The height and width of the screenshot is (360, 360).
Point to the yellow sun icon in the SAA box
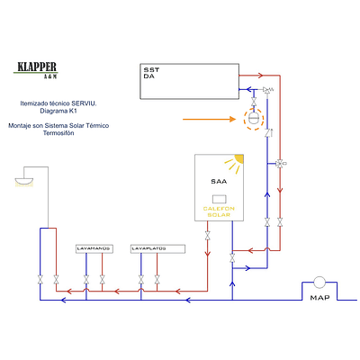point(236,164)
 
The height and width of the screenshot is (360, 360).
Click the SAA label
point(219,181)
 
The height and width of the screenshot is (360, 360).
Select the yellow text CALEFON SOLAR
point(219,211)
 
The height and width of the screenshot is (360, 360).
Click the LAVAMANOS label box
point(94,247)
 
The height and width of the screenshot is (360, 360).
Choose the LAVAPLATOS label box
point(150,247)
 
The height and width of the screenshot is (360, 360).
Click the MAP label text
point(319,297)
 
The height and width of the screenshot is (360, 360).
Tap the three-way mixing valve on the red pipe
point(280,163)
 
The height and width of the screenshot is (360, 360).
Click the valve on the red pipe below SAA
point(209,237)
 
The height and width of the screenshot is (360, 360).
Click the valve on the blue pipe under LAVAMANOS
point(85,278)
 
